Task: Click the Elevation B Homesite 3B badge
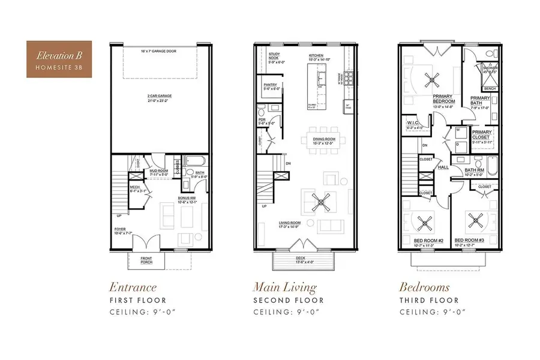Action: [x=58, y=59]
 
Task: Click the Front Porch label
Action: [x=146, y=260]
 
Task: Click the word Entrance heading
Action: [x=133, y=287]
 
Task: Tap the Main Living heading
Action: [x=285, y=287]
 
